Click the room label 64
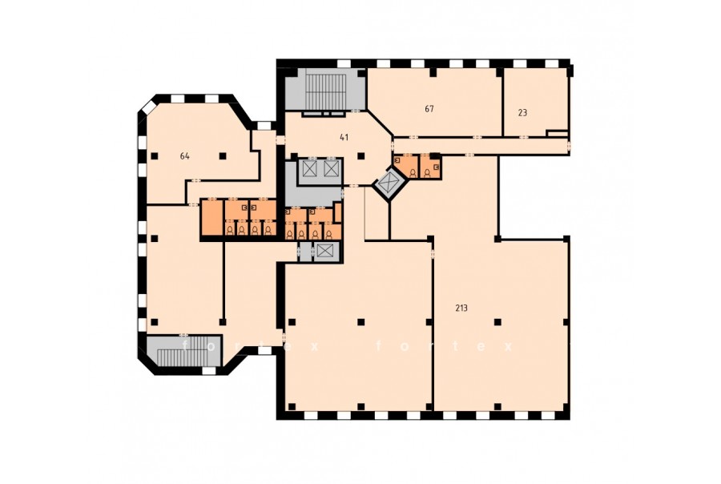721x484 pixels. tap(185, 156)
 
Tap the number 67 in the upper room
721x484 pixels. tap(429, 109)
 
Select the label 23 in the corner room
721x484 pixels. tap(522, 112)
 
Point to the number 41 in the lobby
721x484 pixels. tap(344, 137)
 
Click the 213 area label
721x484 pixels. tap(461, 309)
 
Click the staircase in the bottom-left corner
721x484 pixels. tap(184, 352)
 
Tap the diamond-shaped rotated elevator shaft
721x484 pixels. tap(389, 184)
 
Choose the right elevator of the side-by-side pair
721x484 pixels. tap(331, 168)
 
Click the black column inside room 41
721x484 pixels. tap(361, 155)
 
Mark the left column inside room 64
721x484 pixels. tap(155, 155)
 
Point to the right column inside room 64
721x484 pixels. tap(223, 155)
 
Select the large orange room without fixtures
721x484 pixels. tap(211, 218)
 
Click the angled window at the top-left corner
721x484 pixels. tap(148, 107)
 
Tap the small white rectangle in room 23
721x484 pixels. tap(557, 134)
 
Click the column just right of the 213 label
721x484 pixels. tap(497, 322)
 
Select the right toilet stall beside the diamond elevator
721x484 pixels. tap(430, 167)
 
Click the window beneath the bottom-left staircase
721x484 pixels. tap(209, 371)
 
